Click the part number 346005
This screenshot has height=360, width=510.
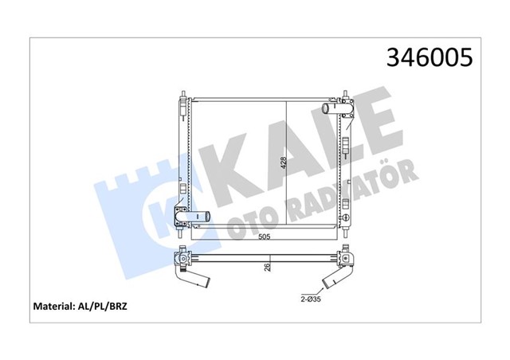430,57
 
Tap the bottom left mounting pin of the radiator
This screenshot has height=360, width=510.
182,231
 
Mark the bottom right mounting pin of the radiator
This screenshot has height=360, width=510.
348,231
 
